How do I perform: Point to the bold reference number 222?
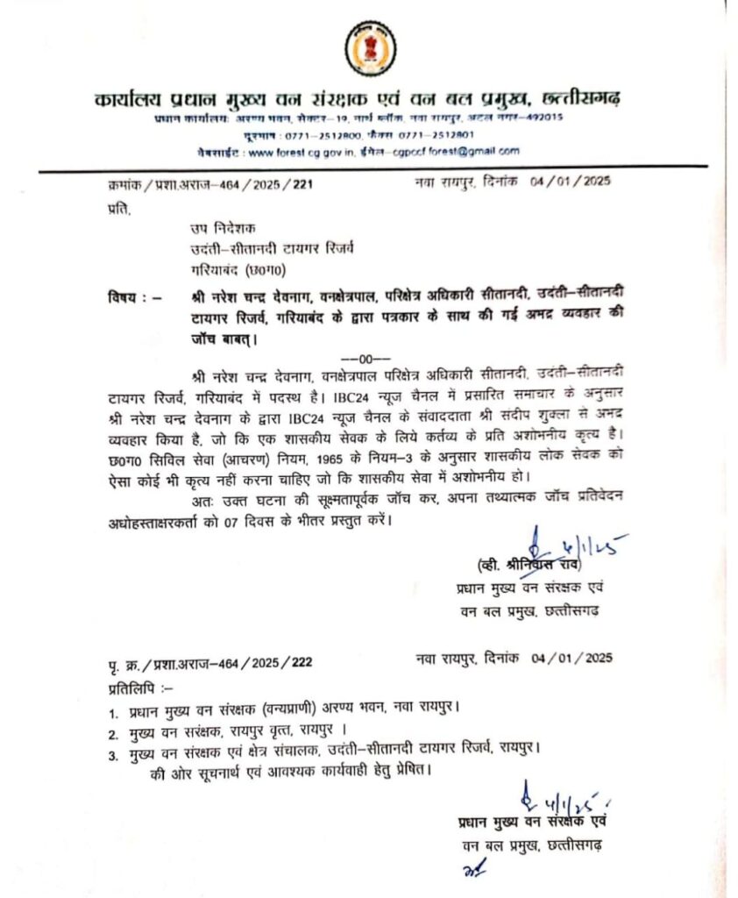302,659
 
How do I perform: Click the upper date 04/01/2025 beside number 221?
571,182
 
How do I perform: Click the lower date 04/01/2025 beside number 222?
571,658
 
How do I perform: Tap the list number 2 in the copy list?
113,731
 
